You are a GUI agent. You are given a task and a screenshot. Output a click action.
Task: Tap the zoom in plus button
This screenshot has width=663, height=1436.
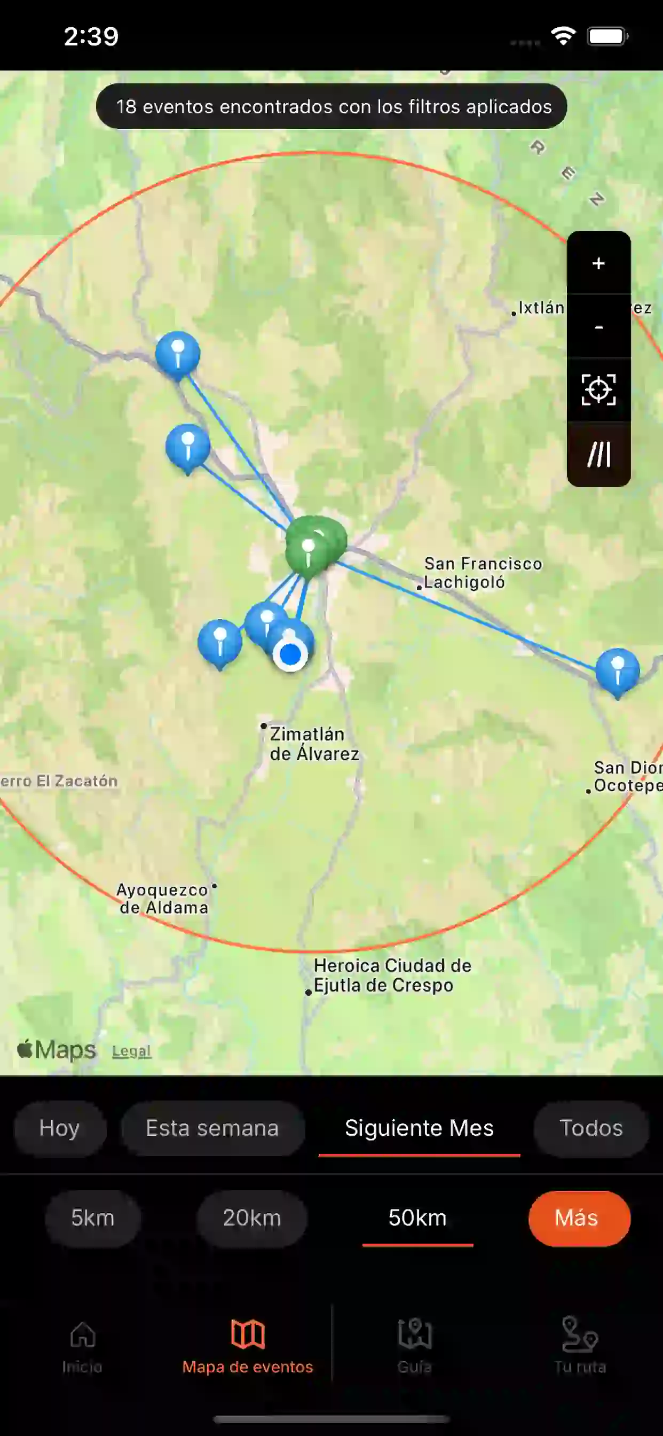click(598, 263)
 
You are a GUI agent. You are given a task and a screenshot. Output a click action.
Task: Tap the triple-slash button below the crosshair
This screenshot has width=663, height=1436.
click(598, 454)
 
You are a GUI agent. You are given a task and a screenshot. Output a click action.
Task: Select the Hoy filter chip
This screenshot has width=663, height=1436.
click(60, 1128)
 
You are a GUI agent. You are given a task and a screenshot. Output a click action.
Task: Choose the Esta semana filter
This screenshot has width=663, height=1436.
click(212, 1128)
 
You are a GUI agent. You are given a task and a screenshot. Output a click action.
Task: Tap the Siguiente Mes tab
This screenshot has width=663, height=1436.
click(419, 1128)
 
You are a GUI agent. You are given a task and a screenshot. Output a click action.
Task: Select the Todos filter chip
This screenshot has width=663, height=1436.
click(590, 1128)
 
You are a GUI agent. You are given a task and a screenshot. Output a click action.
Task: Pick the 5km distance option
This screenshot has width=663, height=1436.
click(92, 1218)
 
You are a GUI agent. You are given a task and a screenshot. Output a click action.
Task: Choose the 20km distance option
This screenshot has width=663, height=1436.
click(252, 1218)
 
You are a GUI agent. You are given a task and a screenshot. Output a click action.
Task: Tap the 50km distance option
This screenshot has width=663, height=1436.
click(417, 1218)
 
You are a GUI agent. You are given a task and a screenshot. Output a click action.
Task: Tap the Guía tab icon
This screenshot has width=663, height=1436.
click(415, 1336)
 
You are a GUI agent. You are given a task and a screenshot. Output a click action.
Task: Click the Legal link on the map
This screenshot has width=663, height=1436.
click(131, 1051)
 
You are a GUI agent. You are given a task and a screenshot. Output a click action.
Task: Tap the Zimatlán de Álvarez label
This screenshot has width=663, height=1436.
click(314, 744)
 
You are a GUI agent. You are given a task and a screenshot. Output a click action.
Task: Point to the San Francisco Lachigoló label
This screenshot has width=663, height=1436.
click(483, 573)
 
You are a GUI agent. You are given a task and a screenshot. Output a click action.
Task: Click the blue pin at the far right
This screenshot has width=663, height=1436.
click(617, 669)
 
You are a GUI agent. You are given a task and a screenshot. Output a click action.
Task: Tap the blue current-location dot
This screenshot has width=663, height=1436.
click(290, 655)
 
